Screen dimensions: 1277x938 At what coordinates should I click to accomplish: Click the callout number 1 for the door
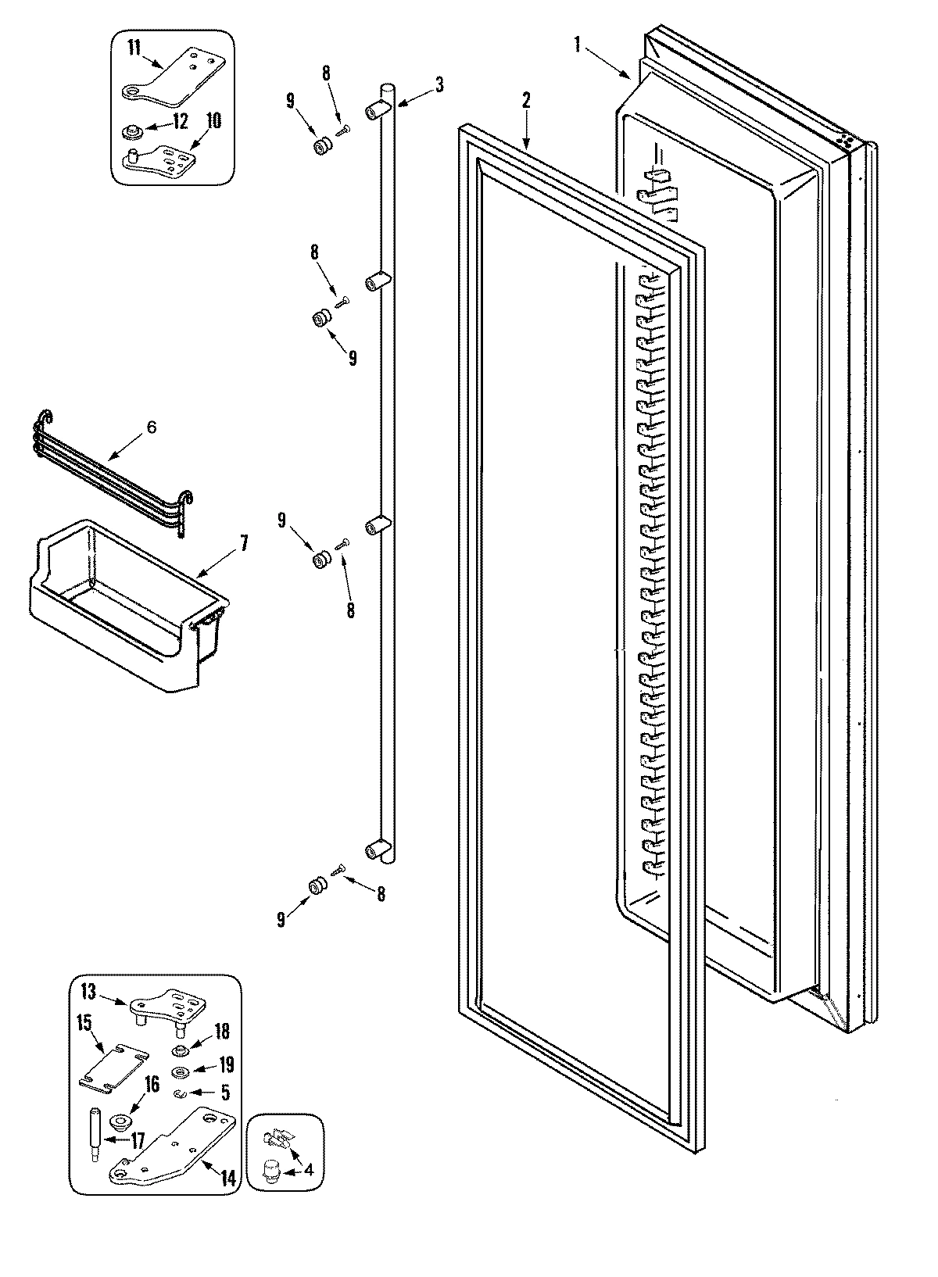point(578,45)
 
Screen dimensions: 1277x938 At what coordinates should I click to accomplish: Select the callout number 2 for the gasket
point(526,99)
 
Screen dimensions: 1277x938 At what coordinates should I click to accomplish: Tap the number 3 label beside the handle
point(439,84)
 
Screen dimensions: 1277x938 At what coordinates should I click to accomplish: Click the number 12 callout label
point(180,123)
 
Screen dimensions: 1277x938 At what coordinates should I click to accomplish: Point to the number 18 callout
point(222,1031)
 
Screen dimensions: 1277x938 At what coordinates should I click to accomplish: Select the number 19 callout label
point(226,1064)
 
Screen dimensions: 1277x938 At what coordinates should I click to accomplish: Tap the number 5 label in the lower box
point(226,1095)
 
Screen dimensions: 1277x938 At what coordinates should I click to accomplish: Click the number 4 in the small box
point(310,1171)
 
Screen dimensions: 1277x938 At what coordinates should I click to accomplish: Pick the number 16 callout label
point(152,1083)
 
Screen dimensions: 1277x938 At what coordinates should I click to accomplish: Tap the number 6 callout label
point(151,427)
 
